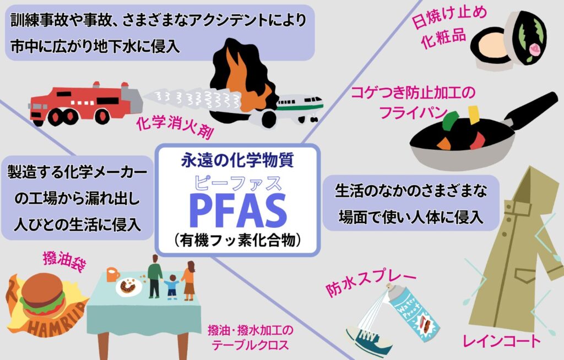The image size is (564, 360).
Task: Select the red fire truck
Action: coord(85,104)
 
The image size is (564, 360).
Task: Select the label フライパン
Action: coord(413,112)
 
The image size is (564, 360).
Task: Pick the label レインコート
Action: coord(501,341)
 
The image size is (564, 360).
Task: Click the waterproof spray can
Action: coord(413,312)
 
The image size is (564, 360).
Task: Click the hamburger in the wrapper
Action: coord(43,295)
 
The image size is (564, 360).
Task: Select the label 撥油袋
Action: coord(64,260)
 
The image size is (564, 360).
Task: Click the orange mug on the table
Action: coord(113,275)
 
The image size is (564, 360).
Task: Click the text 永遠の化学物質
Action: coord(237,160)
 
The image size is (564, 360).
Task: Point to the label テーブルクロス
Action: coord(251,345)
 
